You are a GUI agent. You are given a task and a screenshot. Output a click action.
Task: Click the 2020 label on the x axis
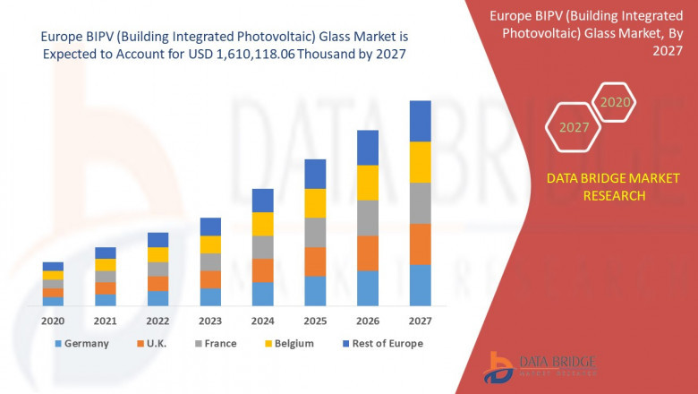pyautogui.click(x=53, y=321)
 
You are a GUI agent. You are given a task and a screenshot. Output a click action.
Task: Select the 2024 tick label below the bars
pyautogui.click(x=262, y=321)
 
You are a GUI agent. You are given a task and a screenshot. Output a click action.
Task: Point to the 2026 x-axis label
pyautogui.click(x=367, y=321)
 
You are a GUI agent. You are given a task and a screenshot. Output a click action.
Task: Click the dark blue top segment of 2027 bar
pyautogui.click(x=420, y=121)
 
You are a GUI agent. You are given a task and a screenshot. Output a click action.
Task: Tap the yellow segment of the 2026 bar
pyautogui.click(x=367, y=183)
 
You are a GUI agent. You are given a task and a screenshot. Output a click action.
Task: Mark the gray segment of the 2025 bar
pyautogui.click(x=315, y=232)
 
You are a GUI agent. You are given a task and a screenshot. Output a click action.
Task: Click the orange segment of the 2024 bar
pyautogui.click(x=262, y=270)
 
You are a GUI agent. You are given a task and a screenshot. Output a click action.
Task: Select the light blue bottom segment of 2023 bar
pyautogui.click(x=210, y=297)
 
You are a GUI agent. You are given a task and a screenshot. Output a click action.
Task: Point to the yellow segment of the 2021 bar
pyautogui.click(x=106, y=264)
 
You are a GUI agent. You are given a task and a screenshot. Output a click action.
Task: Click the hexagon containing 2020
pyautogui.click(x=615, y=103)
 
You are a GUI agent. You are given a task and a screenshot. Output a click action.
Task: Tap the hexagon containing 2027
pyautogui.click(x=574, y=127)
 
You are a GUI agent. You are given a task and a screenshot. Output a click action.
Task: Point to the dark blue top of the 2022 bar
pyautogui.click(x=157, y=239)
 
